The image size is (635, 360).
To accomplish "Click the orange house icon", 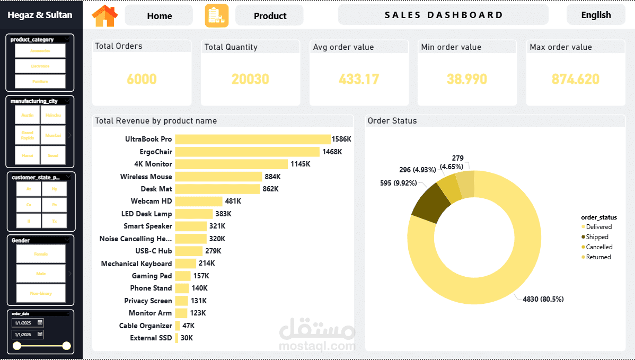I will point(105,16).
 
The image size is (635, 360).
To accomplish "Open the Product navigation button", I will point(270,16).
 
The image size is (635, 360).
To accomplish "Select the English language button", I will point(596,15).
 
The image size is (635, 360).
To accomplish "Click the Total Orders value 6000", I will point(142,80).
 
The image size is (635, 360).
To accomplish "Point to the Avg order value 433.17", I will point(359,80).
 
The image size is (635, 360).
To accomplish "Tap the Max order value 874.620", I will point(575,80).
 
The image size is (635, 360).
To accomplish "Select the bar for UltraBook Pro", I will point(253,139).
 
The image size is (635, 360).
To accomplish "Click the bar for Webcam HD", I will point(199,201).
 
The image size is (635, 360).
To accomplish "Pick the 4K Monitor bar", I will point(231,164).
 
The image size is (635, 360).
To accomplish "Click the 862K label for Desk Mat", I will point(270,189).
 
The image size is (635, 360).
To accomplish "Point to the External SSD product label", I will point(151,338).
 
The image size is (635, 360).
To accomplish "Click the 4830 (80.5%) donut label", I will point(543,299).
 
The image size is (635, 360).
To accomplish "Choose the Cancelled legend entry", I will point(599,247).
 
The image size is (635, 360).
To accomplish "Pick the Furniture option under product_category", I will point(40,81).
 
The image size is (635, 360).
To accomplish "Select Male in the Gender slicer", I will point(40,274).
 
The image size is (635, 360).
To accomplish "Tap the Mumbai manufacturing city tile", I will point(53,135).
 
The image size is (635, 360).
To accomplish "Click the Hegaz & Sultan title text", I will point(40,15).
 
